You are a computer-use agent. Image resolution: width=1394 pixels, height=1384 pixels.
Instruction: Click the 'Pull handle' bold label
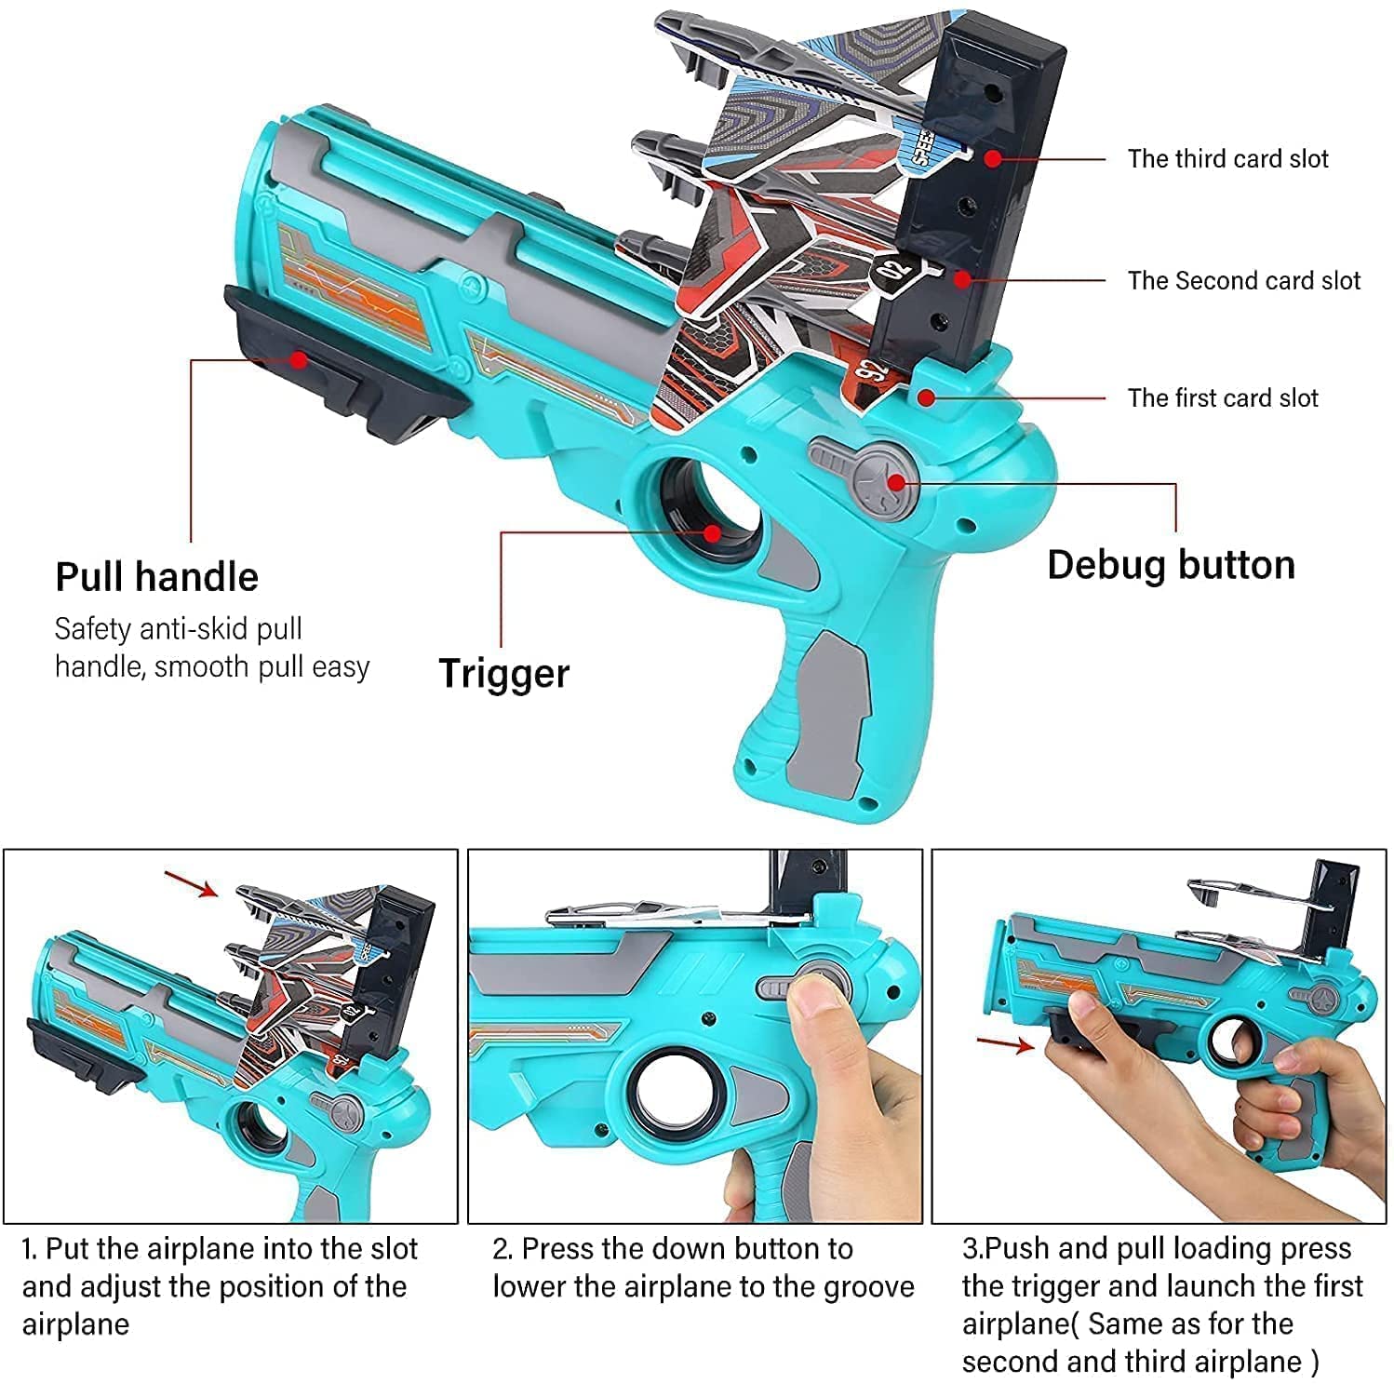(156, 577)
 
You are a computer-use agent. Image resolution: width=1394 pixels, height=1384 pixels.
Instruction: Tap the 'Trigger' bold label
(503, 673)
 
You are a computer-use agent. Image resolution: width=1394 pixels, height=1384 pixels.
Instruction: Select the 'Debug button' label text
(1171, 565)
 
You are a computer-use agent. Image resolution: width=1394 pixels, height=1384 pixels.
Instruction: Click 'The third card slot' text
(1227, 159)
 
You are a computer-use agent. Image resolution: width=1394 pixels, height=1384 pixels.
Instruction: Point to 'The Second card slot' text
(1243, 280)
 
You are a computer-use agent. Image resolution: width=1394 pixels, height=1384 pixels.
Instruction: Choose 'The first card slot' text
(1223, 398)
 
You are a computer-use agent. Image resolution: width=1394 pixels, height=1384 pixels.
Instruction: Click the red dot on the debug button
(896, 481)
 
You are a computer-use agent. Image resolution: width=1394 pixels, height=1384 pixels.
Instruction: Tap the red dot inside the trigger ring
(712, 532)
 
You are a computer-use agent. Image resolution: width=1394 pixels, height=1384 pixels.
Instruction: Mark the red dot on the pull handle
(298, 358)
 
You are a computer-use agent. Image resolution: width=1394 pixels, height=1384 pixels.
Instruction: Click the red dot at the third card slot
(993, 158)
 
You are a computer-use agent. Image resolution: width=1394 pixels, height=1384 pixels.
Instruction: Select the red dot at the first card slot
(925, 397)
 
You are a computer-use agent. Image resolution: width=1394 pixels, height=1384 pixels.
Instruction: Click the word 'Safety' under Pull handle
(92, 629)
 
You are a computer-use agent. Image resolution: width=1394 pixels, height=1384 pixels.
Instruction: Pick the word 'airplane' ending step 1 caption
(75, 1324)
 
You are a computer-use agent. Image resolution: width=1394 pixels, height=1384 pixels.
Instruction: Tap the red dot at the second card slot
(962, 278)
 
